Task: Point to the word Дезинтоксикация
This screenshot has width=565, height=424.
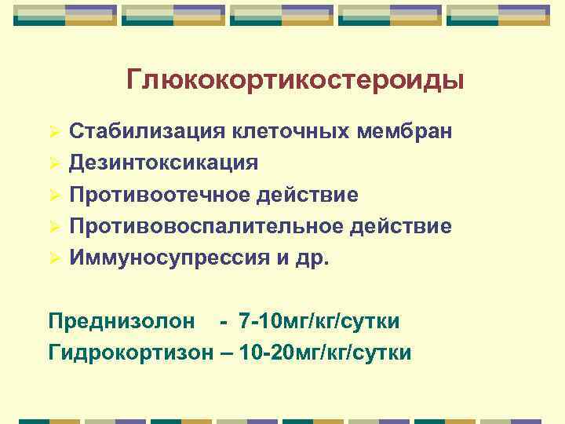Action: (x=163, y=163)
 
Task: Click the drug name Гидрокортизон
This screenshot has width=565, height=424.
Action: (x=130, y=353)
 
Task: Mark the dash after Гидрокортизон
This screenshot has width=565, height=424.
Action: (x=225, y=353)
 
